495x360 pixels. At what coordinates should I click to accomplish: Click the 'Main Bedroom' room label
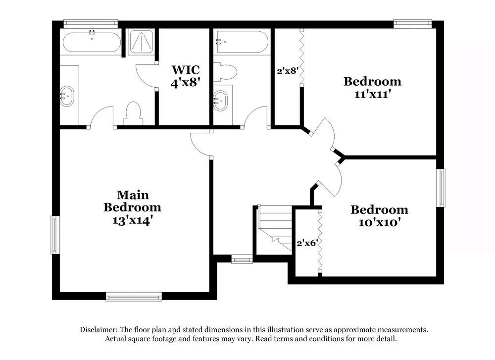click(x=132, y=201)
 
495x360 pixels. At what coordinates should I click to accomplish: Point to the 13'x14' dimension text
click(x=132, y=220)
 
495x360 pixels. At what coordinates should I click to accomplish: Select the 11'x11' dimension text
click(x=372, y=94)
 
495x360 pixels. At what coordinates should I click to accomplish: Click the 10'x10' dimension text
click(x=379, y=223)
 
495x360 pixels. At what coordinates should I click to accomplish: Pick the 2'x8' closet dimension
click(x=287, y=71)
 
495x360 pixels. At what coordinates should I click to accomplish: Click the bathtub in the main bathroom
click(x=92, y=42)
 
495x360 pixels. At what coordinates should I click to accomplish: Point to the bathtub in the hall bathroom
click(x=242, y=42)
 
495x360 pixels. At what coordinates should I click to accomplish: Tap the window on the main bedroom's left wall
click(x=55, y=235)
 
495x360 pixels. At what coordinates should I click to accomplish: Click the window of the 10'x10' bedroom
click(x=440, y=188)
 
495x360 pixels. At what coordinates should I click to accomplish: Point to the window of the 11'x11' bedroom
click(x=412, y=23)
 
